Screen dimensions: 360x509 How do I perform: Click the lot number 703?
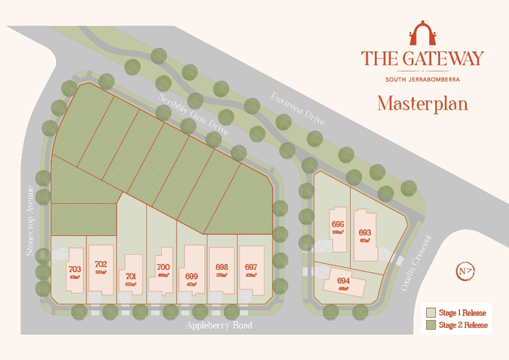pyautogui.click(x=75, y=269)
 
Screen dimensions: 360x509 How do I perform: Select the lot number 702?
pyautogui.click(x=101, y=264)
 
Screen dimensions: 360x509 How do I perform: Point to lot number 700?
pyautogui.click(x=163, y=267)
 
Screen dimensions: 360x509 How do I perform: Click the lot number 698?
pyautogui.click(x=222, y=267)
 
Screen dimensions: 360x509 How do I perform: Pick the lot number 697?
pyautogui.click(x=251, y=267)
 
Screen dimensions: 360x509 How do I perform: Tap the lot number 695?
pyautogui.click(x=337, y=224)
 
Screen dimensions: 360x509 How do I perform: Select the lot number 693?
pyautogui.click(x=365, y=232)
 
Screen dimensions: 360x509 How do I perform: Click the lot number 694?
pyautogui.click(x=343, y=281)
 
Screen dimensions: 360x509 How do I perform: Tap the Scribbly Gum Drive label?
pyautogui.click(x=190, y=113)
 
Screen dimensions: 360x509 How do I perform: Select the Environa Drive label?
pyautogui.click(x=298, y=110)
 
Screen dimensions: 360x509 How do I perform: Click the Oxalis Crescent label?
pyautogui.click(x=417, y=263)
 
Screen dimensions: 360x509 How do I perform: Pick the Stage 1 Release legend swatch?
pyautogui.click(x=430, y=313)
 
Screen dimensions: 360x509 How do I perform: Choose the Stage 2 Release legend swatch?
pyautogui.click(x=430, y=325)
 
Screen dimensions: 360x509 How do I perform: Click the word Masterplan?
pyautogui.click(x=423, y=103)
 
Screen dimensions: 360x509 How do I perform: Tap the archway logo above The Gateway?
pyautogui.click(x=423, y=34)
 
